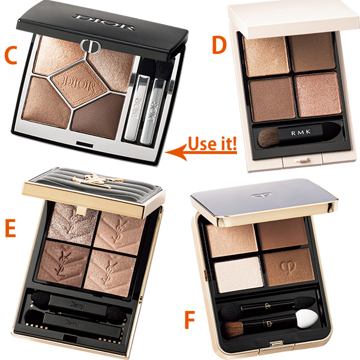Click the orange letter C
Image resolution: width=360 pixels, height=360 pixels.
click(x=11, y=55)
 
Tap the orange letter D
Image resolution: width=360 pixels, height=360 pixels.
click(x=219, y=45)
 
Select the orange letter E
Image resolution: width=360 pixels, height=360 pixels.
click(x=10, y=228)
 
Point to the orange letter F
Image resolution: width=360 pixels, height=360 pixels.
click(x=190, y=320)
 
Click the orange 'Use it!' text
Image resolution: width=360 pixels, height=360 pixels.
click(x=212, y=144)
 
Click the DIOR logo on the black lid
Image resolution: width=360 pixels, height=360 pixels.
click(x=103, y=22)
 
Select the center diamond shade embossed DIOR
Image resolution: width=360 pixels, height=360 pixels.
click(x=79, y=84)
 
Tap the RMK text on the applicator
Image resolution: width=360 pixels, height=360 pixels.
click(x=301, y=132)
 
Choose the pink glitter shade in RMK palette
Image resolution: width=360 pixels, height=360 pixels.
click(x=318, y=95)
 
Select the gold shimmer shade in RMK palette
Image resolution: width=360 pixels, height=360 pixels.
click(x=266, y=57)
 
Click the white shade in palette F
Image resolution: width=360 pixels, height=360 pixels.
click(x=239, y=275)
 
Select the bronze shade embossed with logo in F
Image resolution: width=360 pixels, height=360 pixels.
click(x=288, y=266)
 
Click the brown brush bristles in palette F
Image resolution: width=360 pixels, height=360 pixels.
click(x=232, y=330)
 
